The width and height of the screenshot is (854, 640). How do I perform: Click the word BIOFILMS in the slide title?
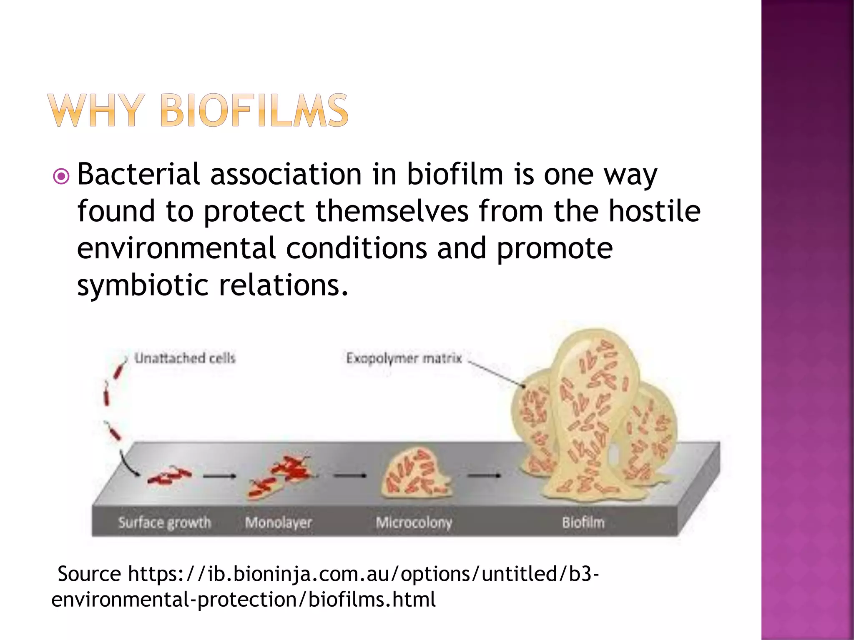[254, 110]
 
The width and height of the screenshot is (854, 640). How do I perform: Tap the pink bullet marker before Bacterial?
[61, 177]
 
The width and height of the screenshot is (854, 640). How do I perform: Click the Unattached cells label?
[185, 358]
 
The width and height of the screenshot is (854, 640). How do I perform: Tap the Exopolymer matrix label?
[404, 358]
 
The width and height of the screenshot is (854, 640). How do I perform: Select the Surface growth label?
[165, 522]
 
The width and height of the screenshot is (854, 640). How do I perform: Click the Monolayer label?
[278, 522]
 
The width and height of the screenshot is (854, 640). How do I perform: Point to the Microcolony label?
[414, 522]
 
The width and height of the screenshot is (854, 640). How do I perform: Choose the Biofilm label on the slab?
[583, 522]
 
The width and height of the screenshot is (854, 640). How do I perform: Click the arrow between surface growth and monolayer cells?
[220, 476]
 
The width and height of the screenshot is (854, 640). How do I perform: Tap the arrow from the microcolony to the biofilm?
[484, 475]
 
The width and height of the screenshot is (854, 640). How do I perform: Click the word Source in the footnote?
[89, 574]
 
